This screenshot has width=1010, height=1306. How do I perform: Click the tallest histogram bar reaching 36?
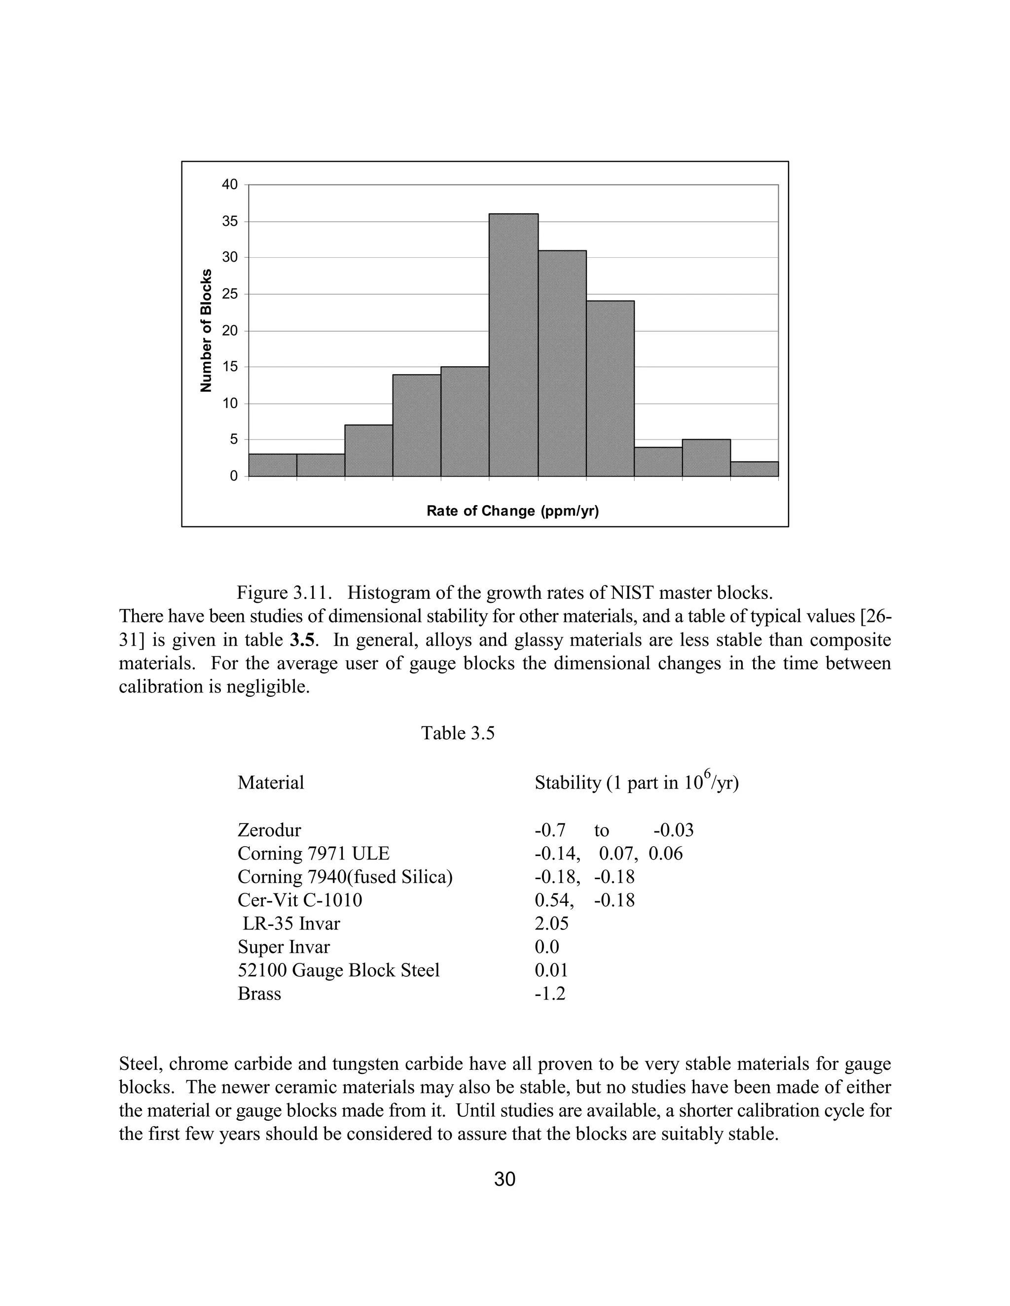pyautogui.click(x=513, y=345)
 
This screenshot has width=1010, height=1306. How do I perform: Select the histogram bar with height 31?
pyautogui.click(x=562, y=364)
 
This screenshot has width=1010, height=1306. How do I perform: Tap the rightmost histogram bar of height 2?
pyautogui.click(x=754, y=469)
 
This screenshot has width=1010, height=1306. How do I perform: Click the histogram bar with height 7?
pyautogui.click(x=368, y=451)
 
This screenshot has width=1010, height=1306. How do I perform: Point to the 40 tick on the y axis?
pyautogui.click(x=230, y=185)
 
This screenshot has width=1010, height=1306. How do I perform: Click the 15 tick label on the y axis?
pyautogui.click(x=230, y=367)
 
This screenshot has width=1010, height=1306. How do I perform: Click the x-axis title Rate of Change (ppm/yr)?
pyautogui.click(x=513, y=511)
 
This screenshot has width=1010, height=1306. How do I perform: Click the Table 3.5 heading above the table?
pyautogui.click(x=458, y=733)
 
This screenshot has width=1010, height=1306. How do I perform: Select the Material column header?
pyautogui.click(x=270, y=783)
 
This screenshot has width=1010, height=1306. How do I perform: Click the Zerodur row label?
pyautogui.click(x=269, y=830)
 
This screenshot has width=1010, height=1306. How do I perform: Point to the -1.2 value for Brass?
pyautogui.click(x=550, y=994)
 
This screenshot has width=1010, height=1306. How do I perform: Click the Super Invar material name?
pyautogui.click(x=284, y=947)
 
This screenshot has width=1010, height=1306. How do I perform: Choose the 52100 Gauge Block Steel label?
pyautogui.click(x=339, y=970)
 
